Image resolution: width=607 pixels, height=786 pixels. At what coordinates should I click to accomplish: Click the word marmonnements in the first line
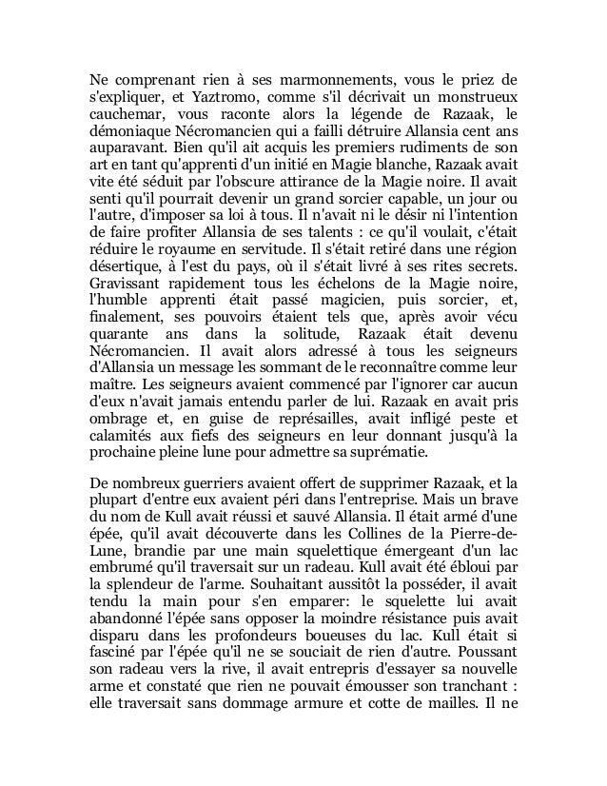pos(309,78)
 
